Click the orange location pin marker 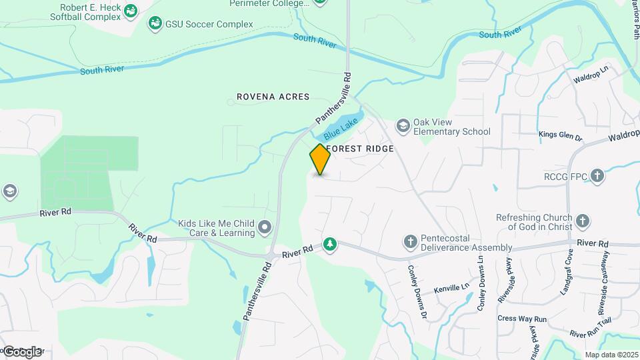coord(320,159)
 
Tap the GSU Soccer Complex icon coord(155,25)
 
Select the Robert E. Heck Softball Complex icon coord(131,11)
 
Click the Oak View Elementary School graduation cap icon coord(403,125)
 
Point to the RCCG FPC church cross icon coord(597,177)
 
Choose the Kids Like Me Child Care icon coord(265,228)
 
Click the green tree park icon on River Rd coord(329,245)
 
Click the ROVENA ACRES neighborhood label coord(273,97)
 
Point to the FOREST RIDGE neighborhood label coord(360,149)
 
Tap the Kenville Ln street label coord(452,289)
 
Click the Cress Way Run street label coord(522,319)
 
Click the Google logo coord(22,351)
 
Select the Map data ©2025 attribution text coord(611,355)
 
